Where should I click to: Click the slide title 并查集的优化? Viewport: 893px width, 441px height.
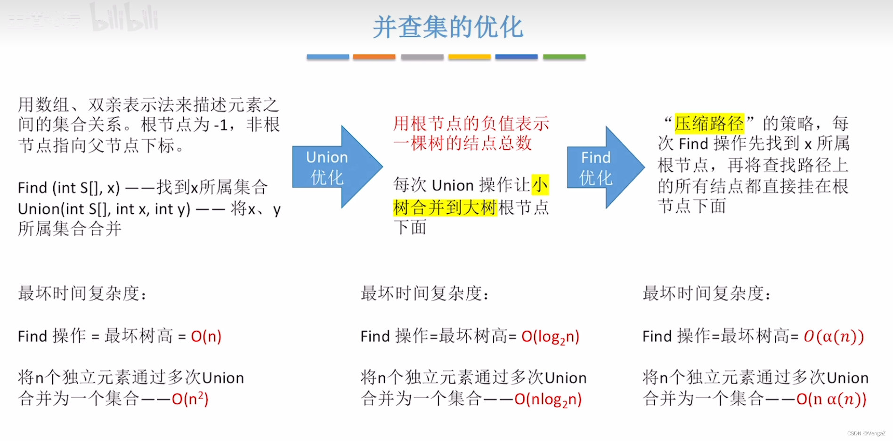click(447, 27)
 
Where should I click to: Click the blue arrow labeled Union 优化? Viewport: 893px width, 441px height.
click(332, 167)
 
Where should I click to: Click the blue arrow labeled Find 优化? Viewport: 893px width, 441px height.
click(601, 167)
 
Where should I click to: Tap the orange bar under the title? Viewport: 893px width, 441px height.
click(374, 57)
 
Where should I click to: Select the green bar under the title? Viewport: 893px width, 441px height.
click(564, 57)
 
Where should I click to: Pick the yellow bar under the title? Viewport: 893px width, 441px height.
click(469, 57)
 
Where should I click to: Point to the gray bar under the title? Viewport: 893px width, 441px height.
click(422, 57)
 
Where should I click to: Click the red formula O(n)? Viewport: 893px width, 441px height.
click(206, 336)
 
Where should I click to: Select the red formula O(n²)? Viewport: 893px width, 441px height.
click(190, 399)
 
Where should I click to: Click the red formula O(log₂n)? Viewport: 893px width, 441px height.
click(550, 337)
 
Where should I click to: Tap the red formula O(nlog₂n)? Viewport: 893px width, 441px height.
click(548, 399)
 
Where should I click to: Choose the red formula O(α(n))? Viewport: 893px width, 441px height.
click(833, 336)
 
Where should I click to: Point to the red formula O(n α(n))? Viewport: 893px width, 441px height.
click(831, 399)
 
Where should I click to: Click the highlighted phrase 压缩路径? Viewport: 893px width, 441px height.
click(709, 123)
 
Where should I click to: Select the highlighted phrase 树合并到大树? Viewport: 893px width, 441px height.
click(445, 207)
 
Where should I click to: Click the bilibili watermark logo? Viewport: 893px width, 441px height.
click(124, 18)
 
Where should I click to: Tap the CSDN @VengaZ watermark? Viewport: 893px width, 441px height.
click(866, 433)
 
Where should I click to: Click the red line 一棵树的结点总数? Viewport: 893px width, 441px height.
click(463, 143)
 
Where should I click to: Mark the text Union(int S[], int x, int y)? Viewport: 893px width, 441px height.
click(104, 208)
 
